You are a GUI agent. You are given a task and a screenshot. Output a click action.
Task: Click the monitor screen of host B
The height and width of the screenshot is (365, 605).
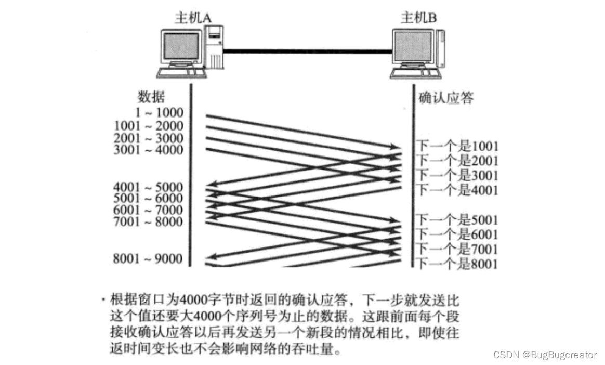(413, 47)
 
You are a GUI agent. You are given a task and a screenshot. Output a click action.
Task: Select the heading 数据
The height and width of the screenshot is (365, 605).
(151, 97)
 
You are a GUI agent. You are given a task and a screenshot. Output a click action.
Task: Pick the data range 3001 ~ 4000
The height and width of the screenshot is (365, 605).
(149, 150)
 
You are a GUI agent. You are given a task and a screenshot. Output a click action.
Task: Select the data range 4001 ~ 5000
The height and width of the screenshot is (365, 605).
(149, 187)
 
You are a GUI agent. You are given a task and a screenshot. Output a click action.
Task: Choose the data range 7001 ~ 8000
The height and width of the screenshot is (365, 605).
(149, 222)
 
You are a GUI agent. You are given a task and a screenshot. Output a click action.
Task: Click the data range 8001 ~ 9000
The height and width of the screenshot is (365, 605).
(149, 258)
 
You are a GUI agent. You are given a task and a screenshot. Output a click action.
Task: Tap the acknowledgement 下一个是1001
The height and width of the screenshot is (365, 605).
(458, 146)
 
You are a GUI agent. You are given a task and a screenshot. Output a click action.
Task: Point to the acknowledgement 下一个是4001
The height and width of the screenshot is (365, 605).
(458, 190)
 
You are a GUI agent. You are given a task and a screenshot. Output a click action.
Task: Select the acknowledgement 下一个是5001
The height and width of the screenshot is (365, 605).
(458, 219)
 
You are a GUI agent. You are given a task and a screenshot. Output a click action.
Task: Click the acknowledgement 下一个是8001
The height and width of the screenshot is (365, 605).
(458, 264)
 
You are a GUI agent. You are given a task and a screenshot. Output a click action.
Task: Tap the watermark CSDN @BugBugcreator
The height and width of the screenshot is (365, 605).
(545, 355)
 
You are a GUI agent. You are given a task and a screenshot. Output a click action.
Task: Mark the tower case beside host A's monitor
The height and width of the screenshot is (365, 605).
(215, 48)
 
